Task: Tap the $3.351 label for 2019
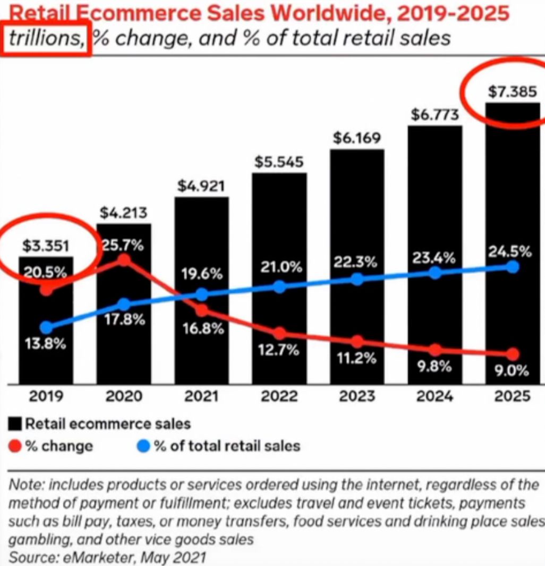coord(46,247)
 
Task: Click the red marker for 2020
coord(124,260)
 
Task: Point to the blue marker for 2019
coord(47,327)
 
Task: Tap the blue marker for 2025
coord(513,267)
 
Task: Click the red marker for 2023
coord(357,341)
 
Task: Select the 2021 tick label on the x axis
coord(202,396)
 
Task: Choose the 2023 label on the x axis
coord(357,396)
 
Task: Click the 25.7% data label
coord(123,246)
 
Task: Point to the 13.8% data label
coord(45,343)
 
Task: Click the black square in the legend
coord(15,424)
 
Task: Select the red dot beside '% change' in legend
coord(15,445)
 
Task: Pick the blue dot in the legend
coord(144,445)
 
